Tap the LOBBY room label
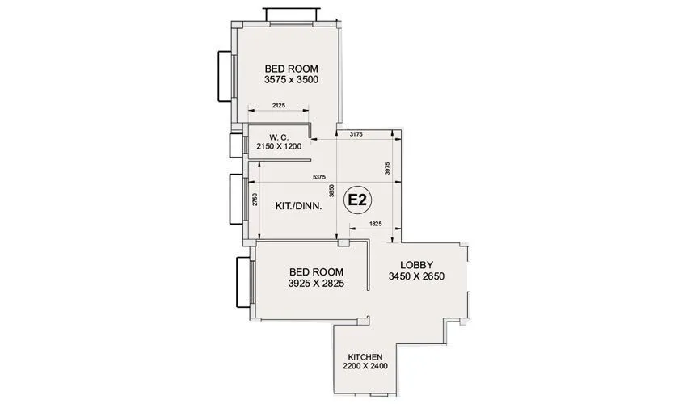pos(417,264)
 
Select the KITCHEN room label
pos(365,356)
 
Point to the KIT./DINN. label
pos(299,206)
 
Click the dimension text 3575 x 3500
pos(291,81)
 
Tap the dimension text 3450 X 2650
pos(417,276)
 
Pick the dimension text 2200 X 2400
pos(365,367)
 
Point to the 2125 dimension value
pos(278,106)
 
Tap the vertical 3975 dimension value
pos(388,170)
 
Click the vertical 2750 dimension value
pos(255,200)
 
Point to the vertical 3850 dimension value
pos(331,191)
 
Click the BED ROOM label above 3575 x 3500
pos(291,69)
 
